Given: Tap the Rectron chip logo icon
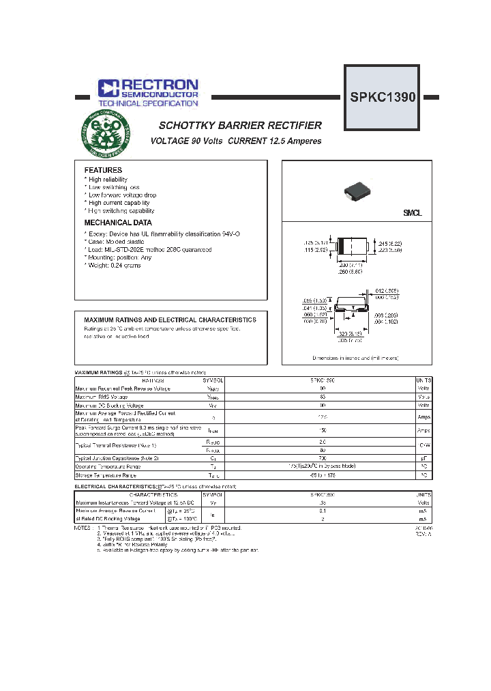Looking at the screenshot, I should pos(108,87).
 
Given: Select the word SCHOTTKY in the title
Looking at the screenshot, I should pos(188,126).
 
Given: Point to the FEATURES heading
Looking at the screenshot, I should pos(103,170).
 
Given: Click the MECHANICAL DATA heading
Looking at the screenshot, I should pos(118,223).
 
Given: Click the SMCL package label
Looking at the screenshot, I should pos(412,213).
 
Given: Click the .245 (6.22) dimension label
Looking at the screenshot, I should pos(390,243).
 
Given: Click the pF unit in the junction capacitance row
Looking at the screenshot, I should pos(423,458).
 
